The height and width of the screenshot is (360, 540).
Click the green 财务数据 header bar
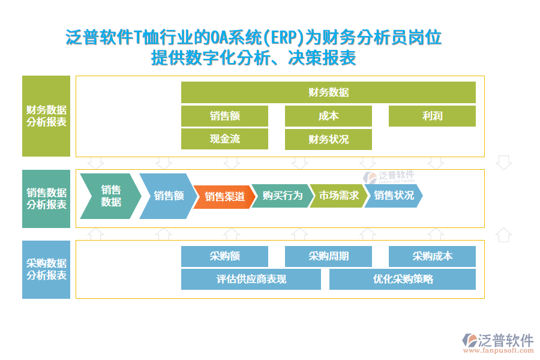click(x=328, y=92)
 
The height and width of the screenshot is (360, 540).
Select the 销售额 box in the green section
click(x=224, y=116)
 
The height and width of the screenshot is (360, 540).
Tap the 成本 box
click(x=328, y=116)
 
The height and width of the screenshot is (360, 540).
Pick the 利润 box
click(x=432, y=116)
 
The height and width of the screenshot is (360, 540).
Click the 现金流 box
click(x=224, y=139)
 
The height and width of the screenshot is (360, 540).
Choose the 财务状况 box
click(x=328, y=139)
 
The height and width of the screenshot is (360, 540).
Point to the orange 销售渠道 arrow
click(x=223, y=196)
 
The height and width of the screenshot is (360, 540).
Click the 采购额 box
click(x=224, y=256)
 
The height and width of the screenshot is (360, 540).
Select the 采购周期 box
click(x=328, y=256)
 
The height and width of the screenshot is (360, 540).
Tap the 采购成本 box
click(x=432, y=256)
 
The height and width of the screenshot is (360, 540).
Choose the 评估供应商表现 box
click(x=251, y=279)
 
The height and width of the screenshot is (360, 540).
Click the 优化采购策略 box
click(x=402, y=279)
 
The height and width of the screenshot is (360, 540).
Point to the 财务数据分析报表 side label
click(x=46, y=116)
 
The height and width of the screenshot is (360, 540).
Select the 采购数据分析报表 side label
click(x=46, y=269)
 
